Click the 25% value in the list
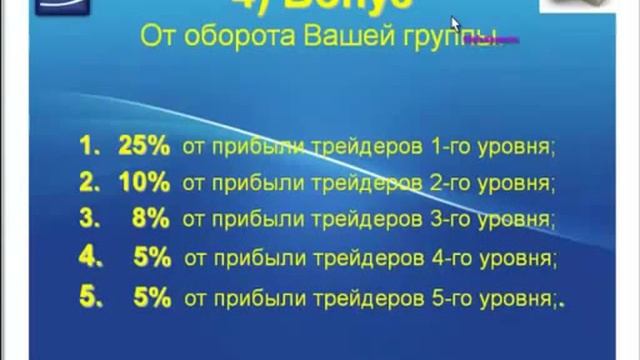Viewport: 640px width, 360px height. click(x=144, y=147)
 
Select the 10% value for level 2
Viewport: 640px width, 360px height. click(x=144, y=184)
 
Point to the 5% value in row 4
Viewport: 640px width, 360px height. click(x=152, y=258)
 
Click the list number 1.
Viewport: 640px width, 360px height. click(x=90, y=147)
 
